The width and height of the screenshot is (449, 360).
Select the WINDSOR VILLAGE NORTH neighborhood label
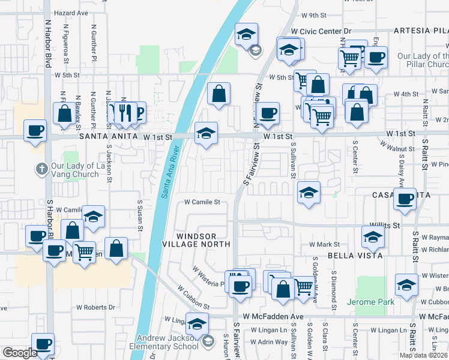(x=196, y=239)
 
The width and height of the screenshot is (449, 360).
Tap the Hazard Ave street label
(x=71, y=12)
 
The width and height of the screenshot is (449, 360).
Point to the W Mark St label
(x=324, y=245)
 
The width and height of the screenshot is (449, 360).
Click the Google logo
(x=20, y=353)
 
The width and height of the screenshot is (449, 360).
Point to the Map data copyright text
(x=424, y=355)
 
